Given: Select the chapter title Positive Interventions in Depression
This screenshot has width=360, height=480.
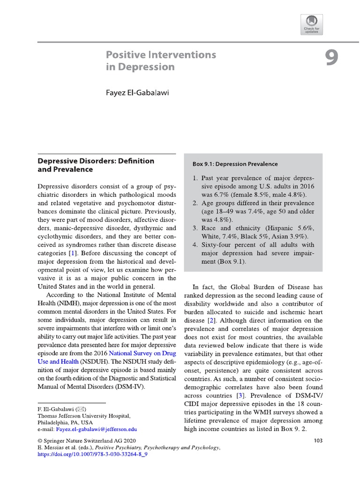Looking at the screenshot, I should coord(161,60).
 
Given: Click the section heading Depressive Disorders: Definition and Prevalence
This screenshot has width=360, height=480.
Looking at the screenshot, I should coord(96,165).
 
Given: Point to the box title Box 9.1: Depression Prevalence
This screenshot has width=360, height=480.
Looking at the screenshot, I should coord(235,164).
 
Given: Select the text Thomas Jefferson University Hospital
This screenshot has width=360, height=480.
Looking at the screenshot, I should coord(84,416).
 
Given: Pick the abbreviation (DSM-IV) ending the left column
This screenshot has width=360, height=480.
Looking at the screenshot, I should coord(130,387).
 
